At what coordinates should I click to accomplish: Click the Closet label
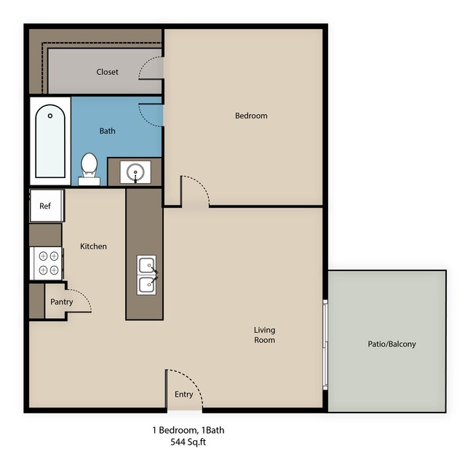click(x=107, y=72)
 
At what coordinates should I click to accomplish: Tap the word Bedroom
click(x=251, y=115)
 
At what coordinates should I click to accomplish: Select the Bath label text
click(x=107, y=131)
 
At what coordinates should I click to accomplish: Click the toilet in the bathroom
click(x=89, y=169)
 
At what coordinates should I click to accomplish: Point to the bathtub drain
click(x=50, y=115)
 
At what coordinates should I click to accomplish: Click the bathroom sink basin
click(x=135, y=172)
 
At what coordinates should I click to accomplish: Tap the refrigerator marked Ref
click(x=47, y=206)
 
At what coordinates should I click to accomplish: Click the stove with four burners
click(x=47, y=264)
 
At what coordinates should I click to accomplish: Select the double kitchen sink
click(x=146, y=275)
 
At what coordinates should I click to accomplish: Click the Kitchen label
click(x=93, y=246)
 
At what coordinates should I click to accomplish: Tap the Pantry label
click(x=62, y=301)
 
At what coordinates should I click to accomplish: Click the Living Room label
click(x=264, y=335)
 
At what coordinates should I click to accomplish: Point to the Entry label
click(x=183, y=394)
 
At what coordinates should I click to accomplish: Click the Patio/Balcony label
click(x=391, y=344)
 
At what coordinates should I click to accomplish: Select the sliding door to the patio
click(x=325, y=344)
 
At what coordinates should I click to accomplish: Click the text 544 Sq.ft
click(x=188, y=442)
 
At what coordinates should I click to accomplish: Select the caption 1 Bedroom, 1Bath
click(x=188, y=430)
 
